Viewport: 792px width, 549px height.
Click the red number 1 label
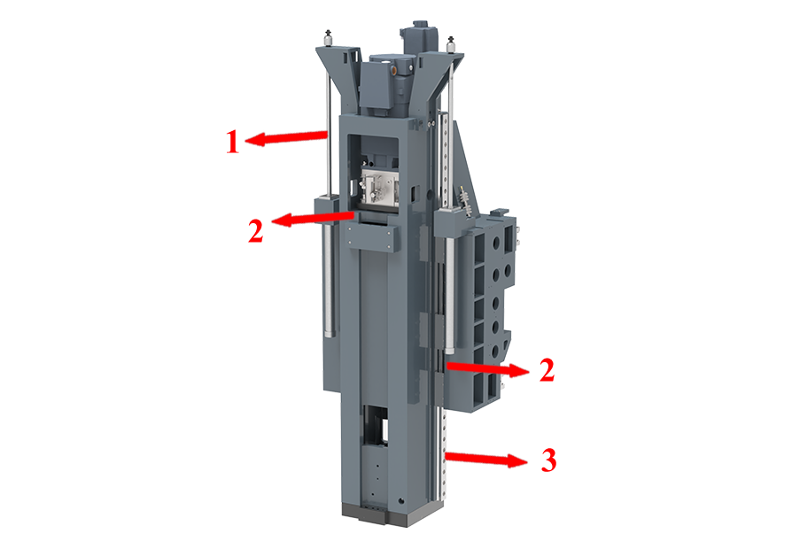232,142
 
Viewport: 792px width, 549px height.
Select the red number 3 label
548,460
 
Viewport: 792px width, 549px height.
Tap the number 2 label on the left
255,231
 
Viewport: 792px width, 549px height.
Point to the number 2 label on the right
547,370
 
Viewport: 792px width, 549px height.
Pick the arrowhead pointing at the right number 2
518,371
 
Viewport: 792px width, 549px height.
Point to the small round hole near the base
401,501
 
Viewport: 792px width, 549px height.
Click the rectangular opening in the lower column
375,424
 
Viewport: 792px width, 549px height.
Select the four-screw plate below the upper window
374,236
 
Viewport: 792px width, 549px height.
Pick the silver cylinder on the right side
449,296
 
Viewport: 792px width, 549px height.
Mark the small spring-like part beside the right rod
466,200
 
